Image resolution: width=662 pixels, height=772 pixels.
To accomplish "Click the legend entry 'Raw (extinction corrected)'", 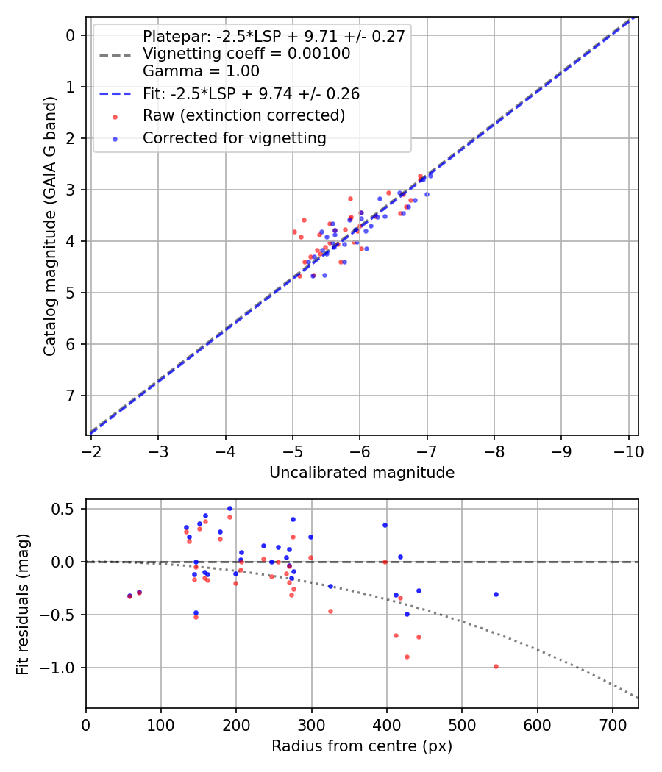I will (243, 115).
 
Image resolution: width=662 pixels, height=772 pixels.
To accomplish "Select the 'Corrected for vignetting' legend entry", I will (235, 137).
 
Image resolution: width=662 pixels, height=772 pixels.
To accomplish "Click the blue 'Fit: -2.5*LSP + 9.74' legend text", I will (251, 94).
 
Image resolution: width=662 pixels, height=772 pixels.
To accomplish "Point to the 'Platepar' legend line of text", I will (274, 37).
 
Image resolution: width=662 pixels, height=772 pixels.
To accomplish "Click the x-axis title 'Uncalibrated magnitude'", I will (362, 473).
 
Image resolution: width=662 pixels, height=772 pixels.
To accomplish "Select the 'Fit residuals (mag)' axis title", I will (23, 604).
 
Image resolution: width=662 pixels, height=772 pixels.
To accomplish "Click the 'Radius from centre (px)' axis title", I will (362, 746).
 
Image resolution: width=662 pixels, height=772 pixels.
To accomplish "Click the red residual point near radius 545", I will (496, 666).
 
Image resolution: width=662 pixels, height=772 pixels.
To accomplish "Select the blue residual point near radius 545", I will (496, 594).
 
